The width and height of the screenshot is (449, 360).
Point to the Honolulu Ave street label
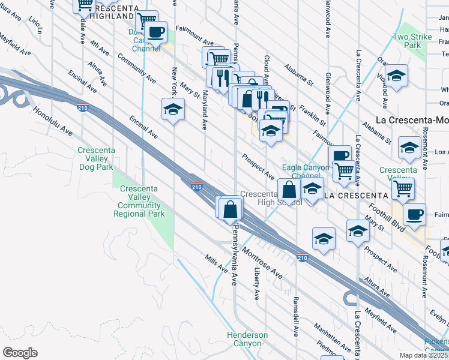coord(53,122)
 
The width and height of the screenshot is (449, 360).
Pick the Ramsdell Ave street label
coord(296,316)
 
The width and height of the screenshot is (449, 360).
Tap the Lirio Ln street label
coord(36,25)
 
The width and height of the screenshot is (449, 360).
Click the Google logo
coord(20,353)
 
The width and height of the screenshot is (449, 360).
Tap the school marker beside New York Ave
coord(173,110)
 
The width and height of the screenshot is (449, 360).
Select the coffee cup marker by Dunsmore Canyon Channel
coord(156,31)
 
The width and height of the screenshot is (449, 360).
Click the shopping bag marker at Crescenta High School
coord(289,190)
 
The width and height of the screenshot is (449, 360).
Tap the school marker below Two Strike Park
coord(396,76)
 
